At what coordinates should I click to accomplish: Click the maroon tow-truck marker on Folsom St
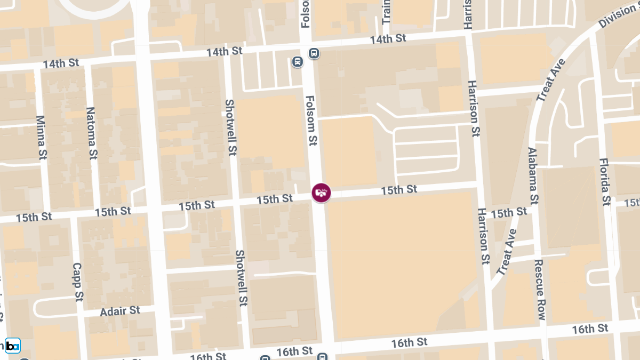(x=321, y=193)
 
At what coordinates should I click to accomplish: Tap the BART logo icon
(x=13, y=345)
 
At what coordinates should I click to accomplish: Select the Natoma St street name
(x=91, y=133)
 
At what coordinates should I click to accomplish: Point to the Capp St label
(x=77, y=282)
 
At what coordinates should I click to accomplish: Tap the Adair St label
(x=119, y=310)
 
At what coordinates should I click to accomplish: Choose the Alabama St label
(x=533, y=175)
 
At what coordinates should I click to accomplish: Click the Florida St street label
(x=604, y=181)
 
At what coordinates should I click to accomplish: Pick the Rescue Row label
(x=539, y=290)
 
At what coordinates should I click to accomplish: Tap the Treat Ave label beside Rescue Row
(x=507, y=252)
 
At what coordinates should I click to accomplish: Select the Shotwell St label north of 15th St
(x=230, y=127)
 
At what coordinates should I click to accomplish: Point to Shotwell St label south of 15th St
(x=241, y=278)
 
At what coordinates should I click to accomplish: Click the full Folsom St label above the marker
(x=311, y=121)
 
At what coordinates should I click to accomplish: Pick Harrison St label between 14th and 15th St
(x=473, y=109)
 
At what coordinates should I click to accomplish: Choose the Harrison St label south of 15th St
(x=484, y=236)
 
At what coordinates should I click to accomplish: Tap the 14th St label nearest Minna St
(x=61, y=63)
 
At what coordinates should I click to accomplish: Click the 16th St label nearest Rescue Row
(x=590, y=329)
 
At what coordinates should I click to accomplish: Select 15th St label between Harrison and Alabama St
(x=509, y=213)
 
